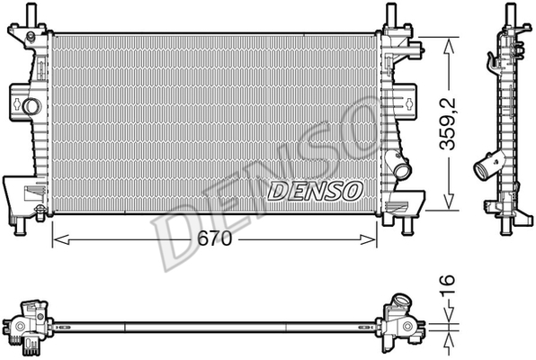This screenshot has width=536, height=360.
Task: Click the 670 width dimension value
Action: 214,238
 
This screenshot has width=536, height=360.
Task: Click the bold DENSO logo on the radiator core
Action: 315,190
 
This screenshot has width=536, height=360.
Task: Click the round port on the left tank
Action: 32,106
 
